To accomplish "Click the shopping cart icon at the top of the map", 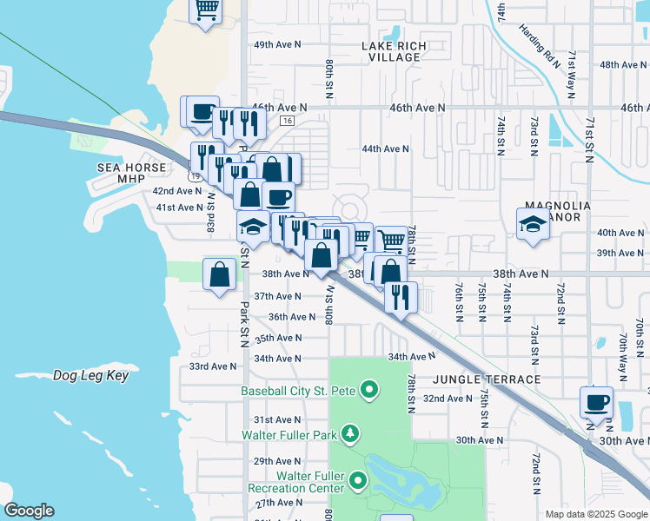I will [206, 10].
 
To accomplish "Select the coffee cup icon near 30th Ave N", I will [596, 404].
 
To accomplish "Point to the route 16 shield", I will [288, 121].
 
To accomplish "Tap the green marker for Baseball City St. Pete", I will [368, 391].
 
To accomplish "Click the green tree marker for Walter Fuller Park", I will [349, 433].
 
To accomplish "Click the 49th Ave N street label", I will [277, 44].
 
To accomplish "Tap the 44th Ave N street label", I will [385, 149].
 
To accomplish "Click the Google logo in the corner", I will [29, 511].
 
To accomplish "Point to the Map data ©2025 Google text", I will [595, 514].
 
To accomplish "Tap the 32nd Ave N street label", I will [447, 399].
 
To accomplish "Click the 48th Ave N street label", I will [621, 65].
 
